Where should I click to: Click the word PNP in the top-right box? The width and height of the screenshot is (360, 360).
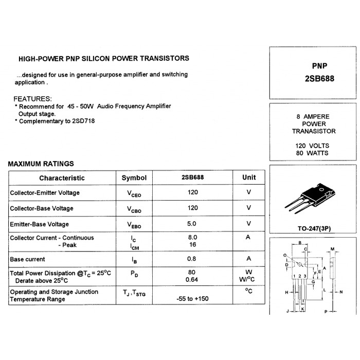[312, 66]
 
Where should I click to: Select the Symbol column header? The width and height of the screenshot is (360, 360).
[134, 178]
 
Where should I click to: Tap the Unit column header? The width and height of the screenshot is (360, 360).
[249, 177]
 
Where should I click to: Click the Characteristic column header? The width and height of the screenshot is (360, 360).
[62, 178]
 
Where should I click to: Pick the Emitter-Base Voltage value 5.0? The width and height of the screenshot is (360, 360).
[192, 224]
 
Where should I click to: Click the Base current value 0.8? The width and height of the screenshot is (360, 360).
[192, 259]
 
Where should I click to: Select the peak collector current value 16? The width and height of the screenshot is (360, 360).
[192, 245]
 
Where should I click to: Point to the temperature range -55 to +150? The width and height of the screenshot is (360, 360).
[192, 299]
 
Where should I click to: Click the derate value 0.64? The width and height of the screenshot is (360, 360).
[192, 280]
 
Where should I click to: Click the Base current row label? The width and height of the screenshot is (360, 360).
[28, 259]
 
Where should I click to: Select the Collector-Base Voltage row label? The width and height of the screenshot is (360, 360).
[42, 208]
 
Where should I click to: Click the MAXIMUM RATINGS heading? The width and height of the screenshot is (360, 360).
[41, 164]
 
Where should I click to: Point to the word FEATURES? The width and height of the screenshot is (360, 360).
[32, 99]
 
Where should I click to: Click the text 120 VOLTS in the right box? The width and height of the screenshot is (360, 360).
[312, 146]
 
